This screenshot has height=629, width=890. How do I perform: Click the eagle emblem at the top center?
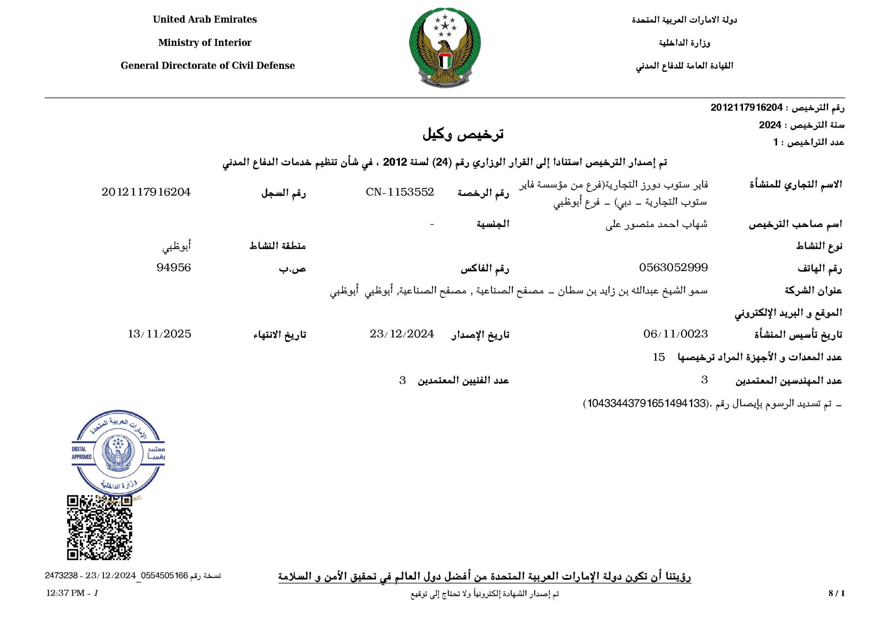pyautogui.click(x=445, y=48)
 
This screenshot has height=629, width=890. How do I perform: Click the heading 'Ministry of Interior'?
pyautogui.click(x=205, y=43)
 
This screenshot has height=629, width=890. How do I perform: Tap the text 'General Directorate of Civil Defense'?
pyautogui.click(x=208, y=65)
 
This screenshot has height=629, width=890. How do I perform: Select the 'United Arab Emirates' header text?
pyautogui.click(x=205, y=19)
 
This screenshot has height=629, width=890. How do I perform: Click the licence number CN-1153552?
pyautogui.click(x=400, y=192)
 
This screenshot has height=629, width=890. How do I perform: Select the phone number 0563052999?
pyautogui.click(x=673, y=268)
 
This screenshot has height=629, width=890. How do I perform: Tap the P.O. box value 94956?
pyautogui.click(x=174, y=268)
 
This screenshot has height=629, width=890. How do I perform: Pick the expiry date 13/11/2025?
pyautogui.click(x=159, y=334)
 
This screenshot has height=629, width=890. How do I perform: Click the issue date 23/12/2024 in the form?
pyautogui.click(x=402, y=334)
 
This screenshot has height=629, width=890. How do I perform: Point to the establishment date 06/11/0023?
pyautogui.click(x=675, y=334)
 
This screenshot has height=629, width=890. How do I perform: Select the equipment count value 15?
pyautogui.click(x=658, y=357)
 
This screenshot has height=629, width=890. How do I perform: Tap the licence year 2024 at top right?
pyautogui.click(x=770, y=125)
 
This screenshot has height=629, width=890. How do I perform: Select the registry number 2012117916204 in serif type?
pyautogui.click(x=146, y=192)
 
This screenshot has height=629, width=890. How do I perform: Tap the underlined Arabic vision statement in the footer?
pyautogui.click(x=485, y=577)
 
